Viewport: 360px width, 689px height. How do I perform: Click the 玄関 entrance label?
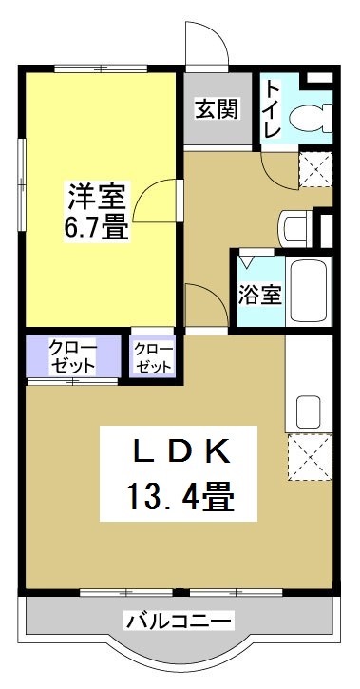(x=217, y=109)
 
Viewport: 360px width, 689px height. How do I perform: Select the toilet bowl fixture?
(x=311, y=118)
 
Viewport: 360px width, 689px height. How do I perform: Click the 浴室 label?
(x=259, y=295)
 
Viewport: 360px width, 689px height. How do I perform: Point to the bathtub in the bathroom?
(x=309, y=291)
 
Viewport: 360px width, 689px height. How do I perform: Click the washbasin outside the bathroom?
(x=295, y=228)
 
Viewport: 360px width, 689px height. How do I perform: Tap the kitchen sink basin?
(x=309, y=411)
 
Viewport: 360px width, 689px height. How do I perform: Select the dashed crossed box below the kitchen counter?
(x=310, y=457)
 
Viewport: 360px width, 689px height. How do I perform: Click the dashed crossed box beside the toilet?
(x=315, y=169)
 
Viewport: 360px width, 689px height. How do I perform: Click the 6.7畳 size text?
(x=96, y=227)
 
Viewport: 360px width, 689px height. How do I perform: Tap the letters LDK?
(x=181, y=451)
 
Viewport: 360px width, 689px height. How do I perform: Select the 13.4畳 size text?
(x=180, y=495)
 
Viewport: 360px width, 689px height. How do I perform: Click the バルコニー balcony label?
(x=179, y=622)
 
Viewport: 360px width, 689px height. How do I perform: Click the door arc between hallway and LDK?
(x=215, y=293)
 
